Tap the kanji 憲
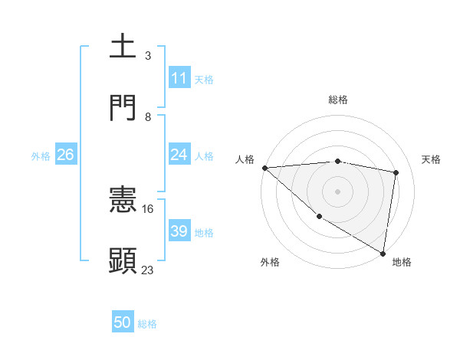[123, 200]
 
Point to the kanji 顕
[123, 260]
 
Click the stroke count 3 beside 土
[147, 56]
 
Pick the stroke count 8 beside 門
[147, 116]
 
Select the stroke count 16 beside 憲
[148, 208]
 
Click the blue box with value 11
[179, 78]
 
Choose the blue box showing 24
[179, 155]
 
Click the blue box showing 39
[179, 231]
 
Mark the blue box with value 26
[65, 155]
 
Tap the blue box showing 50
[123, 322]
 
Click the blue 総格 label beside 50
[147, 324]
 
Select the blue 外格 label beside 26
[41, 156]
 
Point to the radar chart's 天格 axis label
[432, 159]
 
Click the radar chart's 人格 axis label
[245, 159]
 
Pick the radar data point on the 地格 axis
[383, 252]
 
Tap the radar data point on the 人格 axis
[264, 168]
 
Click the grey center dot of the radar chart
[337, 191]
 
